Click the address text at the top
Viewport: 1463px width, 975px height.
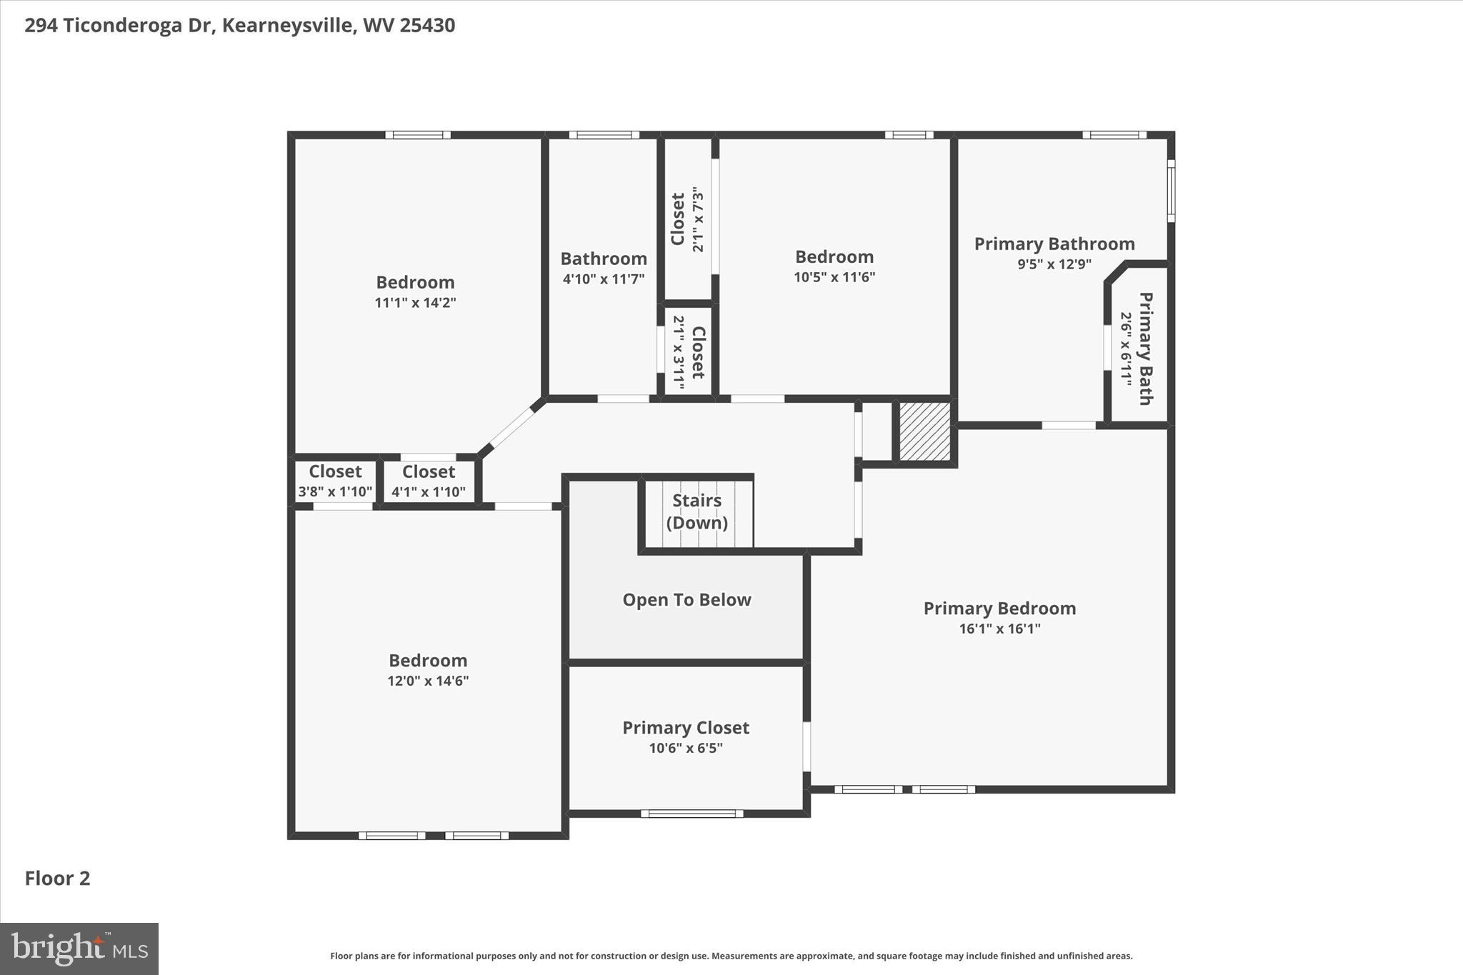[x=240, y=26]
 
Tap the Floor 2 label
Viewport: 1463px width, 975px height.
[x=58, y=879]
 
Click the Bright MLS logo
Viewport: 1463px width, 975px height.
[x=79, y=949]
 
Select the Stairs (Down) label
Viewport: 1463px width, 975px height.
[x=696, y=511]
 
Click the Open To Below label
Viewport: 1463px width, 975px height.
[x=686, y=600]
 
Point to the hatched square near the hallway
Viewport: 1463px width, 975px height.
[x=924, y=431]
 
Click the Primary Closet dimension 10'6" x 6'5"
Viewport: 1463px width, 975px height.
[x=686, y=749]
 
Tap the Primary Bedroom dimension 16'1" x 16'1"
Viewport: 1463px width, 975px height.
[x=999, y=629]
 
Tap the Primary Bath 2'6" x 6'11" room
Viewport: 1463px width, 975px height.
[x=1137, y=349]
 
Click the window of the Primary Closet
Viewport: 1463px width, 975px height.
[x=691, y=813]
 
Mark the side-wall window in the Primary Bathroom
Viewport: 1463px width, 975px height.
[x=1171, y=191]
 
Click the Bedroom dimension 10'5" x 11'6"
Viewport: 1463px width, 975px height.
[x=834, y=277]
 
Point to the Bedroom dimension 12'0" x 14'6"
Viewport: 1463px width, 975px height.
[x=428, y=681]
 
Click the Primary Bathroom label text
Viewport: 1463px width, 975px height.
[x=1054, y=244]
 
